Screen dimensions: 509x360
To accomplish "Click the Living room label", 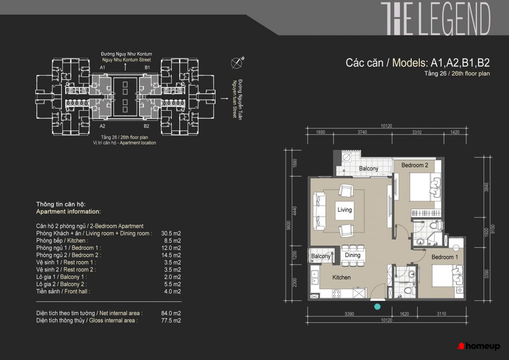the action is point(344,210).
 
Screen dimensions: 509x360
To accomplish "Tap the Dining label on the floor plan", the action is point(353,255).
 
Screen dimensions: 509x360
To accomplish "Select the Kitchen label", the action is point(341,277).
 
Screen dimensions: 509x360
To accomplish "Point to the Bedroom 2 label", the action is point(415,165).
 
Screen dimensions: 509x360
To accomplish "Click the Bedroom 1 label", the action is point(444,257).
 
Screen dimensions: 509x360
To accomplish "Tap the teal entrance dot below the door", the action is point(377,306).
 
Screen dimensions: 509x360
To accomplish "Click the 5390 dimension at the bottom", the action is point(350,314).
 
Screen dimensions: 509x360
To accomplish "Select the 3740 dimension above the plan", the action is point(362,132).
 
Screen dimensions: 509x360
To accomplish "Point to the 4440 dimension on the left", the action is point(295,211).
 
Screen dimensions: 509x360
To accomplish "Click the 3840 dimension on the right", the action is point(486,187).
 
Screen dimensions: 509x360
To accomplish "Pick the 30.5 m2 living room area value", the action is point(171,233).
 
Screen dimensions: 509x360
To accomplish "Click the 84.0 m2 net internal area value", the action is point(171,313).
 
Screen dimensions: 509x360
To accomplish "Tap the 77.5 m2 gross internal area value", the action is point(171,320).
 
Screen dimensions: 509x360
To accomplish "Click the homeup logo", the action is point(478,346).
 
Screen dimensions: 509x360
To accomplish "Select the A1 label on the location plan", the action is point(102,68).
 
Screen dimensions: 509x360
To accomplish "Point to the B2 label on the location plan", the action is point(146,126).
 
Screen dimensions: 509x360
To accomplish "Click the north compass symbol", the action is point(237,62).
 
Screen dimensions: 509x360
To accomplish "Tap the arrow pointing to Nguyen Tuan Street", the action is point(225,98).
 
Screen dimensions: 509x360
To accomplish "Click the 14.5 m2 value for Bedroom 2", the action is point(171,255).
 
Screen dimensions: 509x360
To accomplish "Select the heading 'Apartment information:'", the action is point(68,212).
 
